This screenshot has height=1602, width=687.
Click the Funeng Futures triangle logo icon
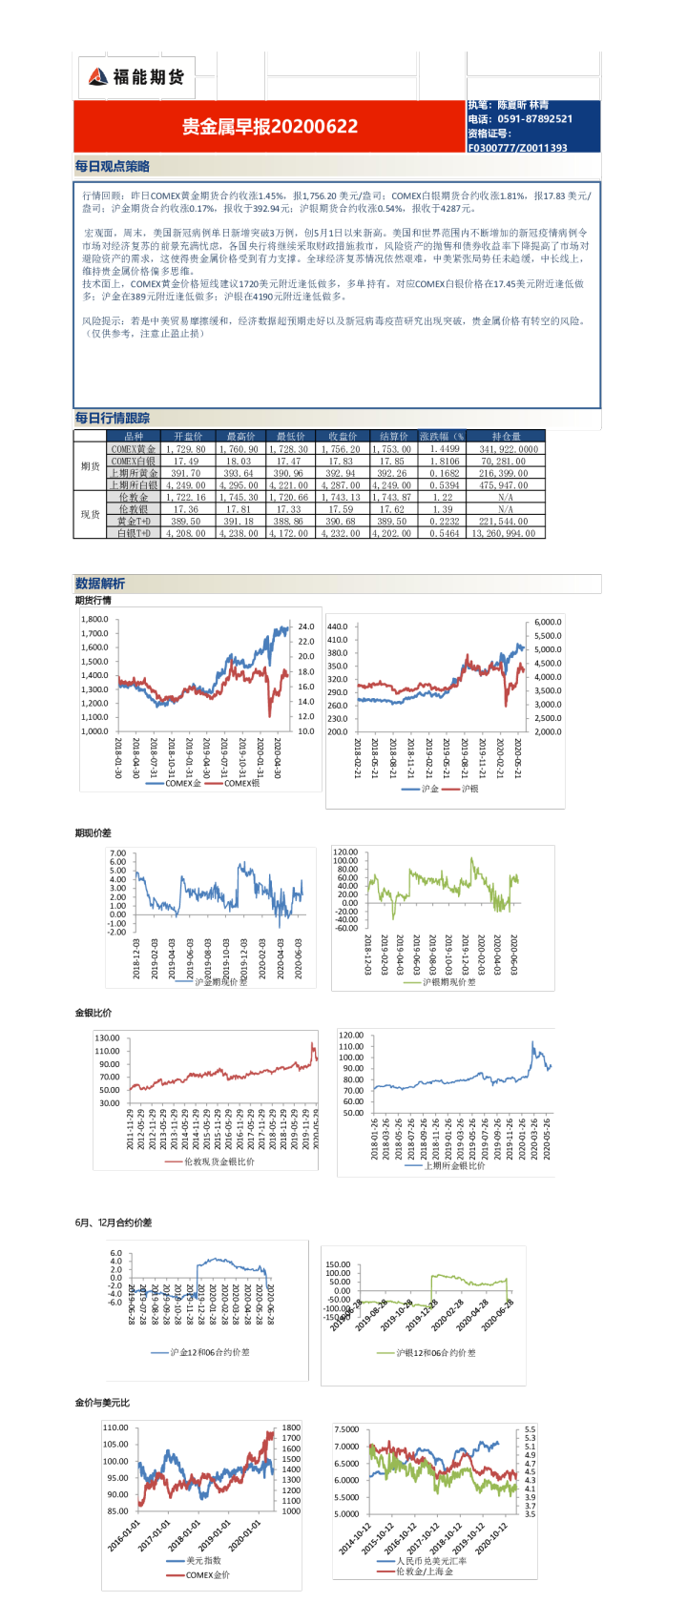coord(96,77)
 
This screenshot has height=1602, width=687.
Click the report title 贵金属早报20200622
coord(270,126)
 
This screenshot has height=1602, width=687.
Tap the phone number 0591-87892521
coord(534,119)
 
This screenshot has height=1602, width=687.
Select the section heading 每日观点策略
coord(113,166)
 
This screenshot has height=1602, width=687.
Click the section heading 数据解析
coord(100,584)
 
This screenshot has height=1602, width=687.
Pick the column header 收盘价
coord(343,436)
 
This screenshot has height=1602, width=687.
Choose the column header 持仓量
coord(507,436)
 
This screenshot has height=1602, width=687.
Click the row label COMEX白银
coord(133,461)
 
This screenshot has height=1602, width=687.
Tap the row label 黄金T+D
coord(133,522)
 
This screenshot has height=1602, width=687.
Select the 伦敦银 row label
coord(133,509)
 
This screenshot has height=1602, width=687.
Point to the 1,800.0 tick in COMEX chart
coord(94,619)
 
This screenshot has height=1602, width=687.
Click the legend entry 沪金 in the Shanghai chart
coord(429,789)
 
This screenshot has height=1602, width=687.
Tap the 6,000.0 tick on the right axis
coord(548,622)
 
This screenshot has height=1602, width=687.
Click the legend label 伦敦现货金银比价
coord(219,1161)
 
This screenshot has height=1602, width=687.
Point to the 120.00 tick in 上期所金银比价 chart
coord(351,1035)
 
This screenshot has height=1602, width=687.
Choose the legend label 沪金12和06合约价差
coord(210,1352)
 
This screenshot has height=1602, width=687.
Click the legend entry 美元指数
coord(203,1561)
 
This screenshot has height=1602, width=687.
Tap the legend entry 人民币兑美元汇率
coord(431,1561)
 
